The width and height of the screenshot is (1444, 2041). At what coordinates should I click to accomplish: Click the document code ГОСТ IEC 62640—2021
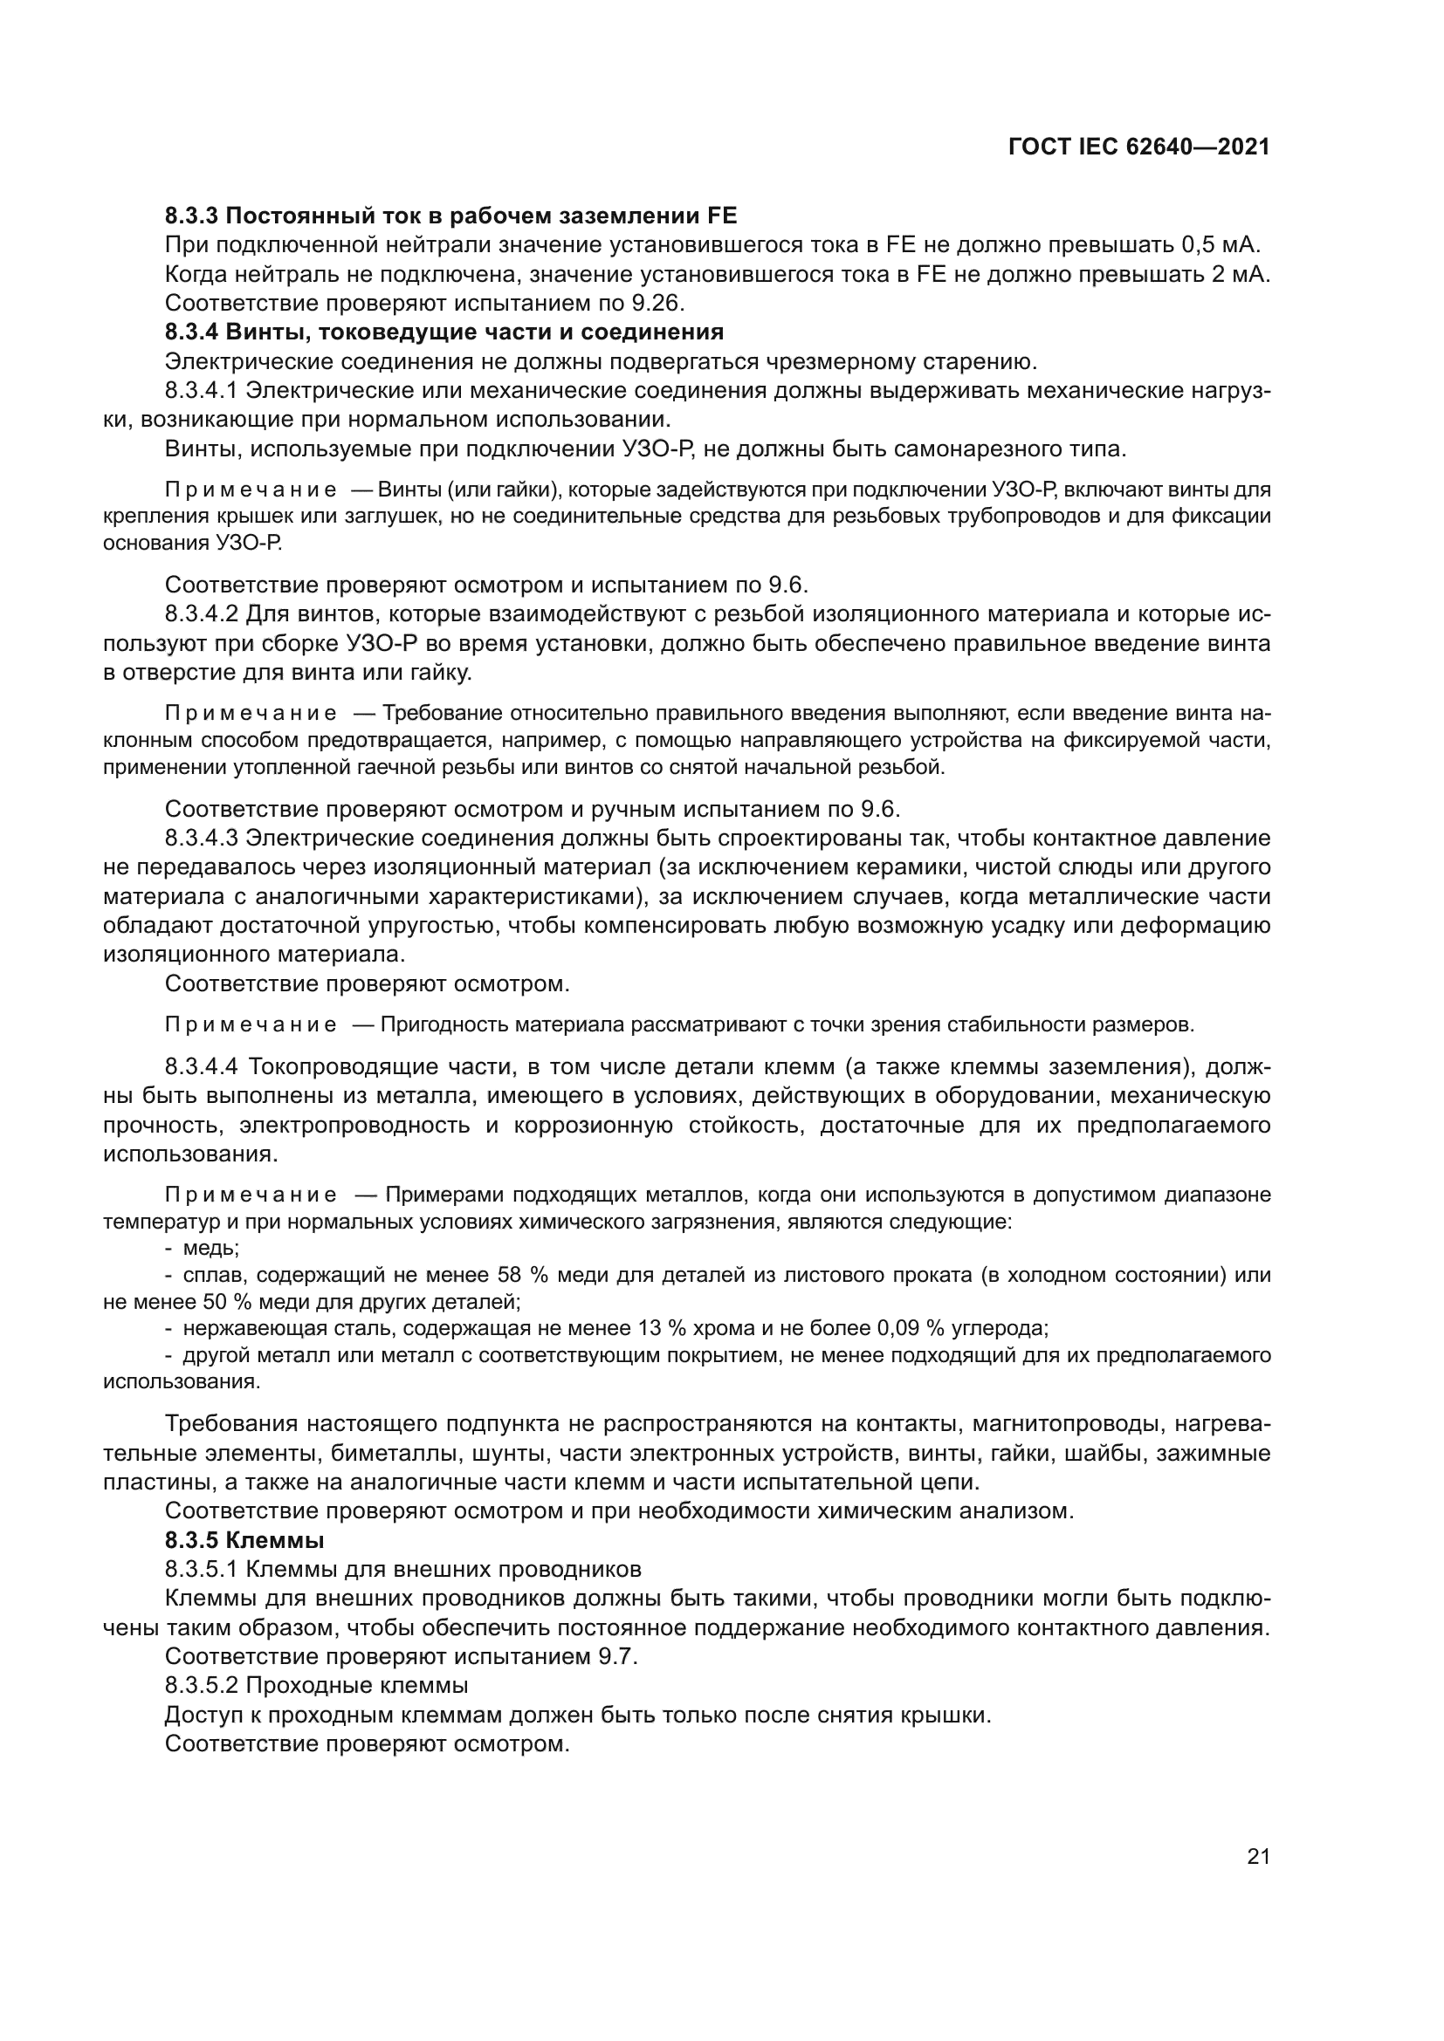pos(1139,147)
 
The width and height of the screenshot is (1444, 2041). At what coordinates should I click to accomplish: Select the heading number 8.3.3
pos(192,216)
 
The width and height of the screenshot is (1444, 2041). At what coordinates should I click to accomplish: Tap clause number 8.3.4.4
pos(203,1065)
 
